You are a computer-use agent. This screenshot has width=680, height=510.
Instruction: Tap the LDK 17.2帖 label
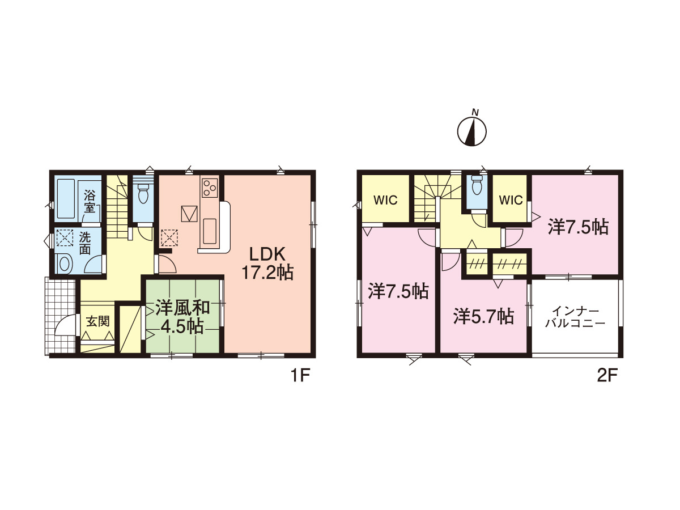click(267, 264)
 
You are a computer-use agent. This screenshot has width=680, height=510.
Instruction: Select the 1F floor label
click(300, 376)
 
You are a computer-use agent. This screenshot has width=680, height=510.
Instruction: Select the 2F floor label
click(607, 376)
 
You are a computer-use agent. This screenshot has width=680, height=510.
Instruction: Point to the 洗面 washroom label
click(84, 243)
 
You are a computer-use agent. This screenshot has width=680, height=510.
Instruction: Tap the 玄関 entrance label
click(98, 321)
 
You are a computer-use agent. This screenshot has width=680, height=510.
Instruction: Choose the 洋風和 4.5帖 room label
click(182, 317)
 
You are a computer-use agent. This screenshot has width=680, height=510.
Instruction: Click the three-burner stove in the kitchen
click(210, 188)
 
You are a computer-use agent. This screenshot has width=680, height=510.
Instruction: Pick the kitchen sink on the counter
click(210, 231)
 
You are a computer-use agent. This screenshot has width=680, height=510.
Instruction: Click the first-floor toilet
click(143, 193)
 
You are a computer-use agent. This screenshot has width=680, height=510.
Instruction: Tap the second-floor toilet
click(477, 185)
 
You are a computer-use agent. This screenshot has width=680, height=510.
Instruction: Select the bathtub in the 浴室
click(66, 199)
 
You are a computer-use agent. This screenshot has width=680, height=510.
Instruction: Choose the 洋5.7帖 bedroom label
click(484, 316)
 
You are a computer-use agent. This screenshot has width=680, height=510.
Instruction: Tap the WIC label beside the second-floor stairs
click(385, 201)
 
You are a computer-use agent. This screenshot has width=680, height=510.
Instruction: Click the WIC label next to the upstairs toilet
click(511, 201)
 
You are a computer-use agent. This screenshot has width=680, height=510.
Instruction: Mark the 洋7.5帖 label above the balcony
click(579, 227)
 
